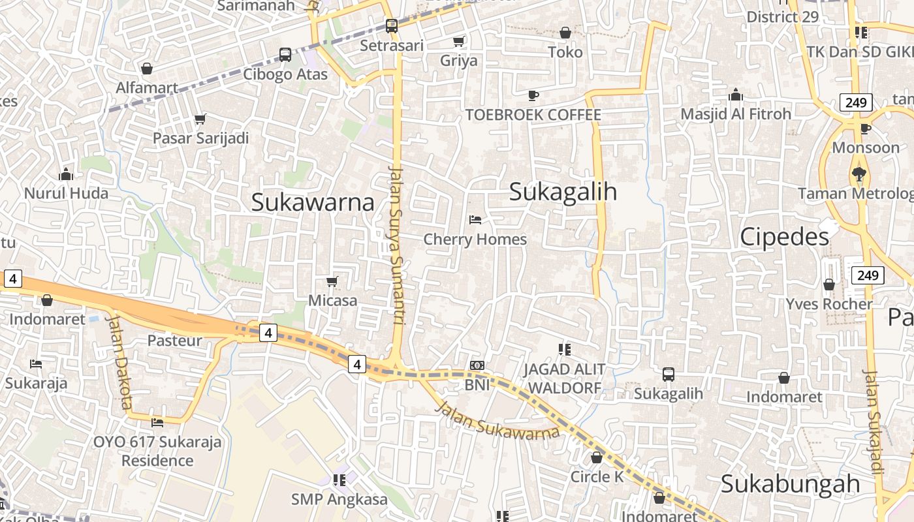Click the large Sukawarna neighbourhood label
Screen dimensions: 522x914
[313, 202]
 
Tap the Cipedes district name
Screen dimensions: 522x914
[784, 237]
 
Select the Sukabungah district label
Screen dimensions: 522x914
[791, 484]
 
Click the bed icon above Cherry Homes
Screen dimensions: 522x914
[475, 220]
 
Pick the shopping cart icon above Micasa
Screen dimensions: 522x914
[332, 281]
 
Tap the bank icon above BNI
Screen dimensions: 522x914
[477, 365]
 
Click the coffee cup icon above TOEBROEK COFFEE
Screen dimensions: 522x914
[533, 96]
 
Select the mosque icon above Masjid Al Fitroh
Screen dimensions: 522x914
[736, 95]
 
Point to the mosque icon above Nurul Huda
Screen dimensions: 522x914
[66, 174]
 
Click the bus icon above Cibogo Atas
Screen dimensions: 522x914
[285, 54]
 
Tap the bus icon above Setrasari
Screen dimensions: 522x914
[392, 26]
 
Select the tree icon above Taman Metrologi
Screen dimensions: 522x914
[859, 174]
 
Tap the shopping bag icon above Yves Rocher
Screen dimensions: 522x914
[829, 284]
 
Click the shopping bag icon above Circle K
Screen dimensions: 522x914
[597, 457]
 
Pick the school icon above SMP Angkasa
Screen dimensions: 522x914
[339, 480]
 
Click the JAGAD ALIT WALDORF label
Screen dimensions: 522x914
[564, 378]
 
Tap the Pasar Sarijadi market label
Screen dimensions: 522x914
[201, 138]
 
